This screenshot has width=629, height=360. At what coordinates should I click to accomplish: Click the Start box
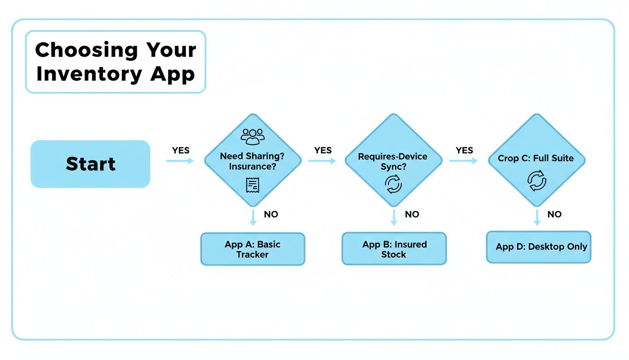(90, 164)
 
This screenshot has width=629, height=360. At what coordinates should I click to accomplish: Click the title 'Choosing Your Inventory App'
(115, 62)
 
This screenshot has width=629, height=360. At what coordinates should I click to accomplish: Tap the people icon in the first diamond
(253, 136)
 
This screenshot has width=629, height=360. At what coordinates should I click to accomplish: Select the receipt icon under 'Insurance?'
(253, 185)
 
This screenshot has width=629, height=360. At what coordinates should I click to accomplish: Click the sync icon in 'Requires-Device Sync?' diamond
(393, 183)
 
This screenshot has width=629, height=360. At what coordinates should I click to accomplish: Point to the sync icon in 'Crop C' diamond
(537, 181)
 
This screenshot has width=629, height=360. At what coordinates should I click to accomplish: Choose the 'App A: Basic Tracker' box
(253, 249)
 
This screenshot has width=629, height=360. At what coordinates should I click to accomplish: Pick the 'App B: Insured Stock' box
(394, 249)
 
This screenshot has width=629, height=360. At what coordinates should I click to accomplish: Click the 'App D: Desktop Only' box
(539, 247)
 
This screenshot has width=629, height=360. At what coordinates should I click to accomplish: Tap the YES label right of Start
(181, 150)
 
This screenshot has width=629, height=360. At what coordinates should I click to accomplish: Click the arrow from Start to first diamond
(180, 161)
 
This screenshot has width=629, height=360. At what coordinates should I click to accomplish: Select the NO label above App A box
(271, 214)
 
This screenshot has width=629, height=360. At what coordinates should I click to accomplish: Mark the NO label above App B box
(412, 214)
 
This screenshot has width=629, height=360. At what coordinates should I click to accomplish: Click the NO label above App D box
(554, 214)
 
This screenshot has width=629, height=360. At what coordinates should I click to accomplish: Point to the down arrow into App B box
(394, 218)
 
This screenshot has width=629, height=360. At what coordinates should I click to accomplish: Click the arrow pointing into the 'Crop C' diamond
(463, 161)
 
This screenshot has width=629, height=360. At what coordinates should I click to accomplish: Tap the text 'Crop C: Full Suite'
(536, 158)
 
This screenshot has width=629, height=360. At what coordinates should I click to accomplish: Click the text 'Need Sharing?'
(253, 157)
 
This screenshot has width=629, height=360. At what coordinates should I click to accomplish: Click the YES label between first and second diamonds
(323, 150)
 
